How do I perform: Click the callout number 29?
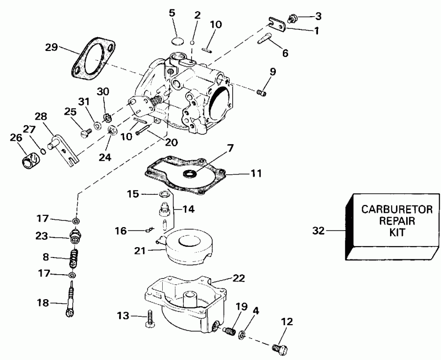click(51, 48)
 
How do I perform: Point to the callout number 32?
click(318, 230)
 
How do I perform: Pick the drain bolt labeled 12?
click(280, 349)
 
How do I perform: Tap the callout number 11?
click(256, 173)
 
